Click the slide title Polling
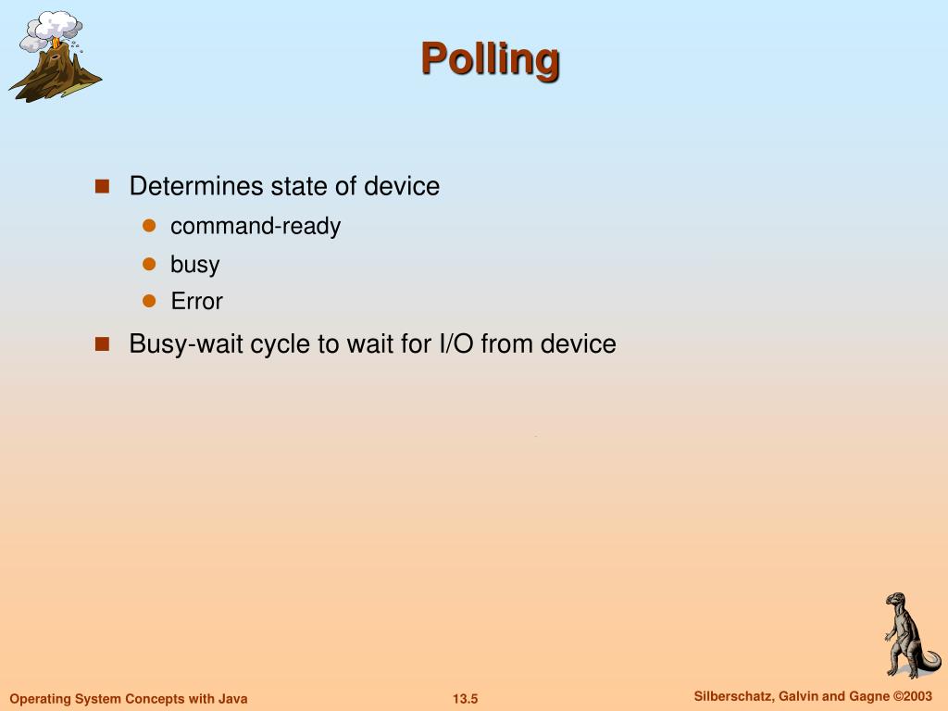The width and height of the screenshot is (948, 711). tap(491, 58)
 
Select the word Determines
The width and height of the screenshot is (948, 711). tap(196, 186)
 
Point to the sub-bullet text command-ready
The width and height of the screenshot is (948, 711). tap(256, 226)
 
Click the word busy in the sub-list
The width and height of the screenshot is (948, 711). tap(194, 264)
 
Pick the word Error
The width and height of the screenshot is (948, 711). tap(196, 301)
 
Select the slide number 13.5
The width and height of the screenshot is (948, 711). tap(465, 699)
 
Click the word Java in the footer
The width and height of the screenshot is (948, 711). tap(231, 699)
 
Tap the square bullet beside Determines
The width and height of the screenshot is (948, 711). tap(102, 186)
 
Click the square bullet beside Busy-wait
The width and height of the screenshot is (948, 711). tap(102, 343)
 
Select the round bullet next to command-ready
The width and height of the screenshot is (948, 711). tap(148, 226)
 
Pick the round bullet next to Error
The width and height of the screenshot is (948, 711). tap(148, 301)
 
